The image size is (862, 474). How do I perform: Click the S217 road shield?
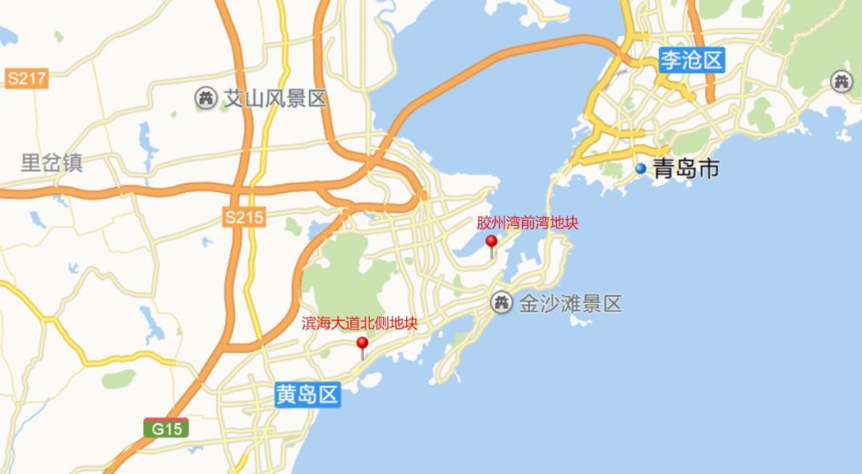tap(26, 78)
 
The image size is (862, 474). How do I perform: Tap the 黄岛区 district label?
tap(308, 394)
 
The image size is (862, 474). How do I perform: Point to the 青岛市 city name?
tap(686, 169)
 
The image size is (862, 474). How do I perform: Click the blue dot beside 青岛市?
tap(640, 169)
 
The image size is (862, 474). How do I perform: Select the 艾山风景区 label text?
tap(275, 99)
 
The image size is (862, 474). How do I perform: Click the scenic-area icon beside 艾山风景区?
tap(206, 98)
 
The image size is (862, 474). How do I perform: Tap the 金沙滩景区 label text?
tap(570, 303)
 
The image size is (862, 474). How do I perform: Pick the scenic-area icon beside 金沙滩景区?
tap(501, 302)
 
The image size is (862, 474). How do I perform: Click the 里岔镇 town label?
tap(52, 164)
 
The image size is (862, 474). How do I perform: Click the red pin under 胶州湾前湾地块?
tap(491, 242)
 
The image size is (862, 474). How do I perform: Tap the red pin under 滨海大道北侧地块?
tap(362, 344)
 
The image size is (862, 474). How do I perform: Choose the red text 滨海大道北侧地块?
tap(359, 324)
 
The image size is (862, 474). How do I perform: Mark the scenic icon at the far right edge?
tap(841, 81)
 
